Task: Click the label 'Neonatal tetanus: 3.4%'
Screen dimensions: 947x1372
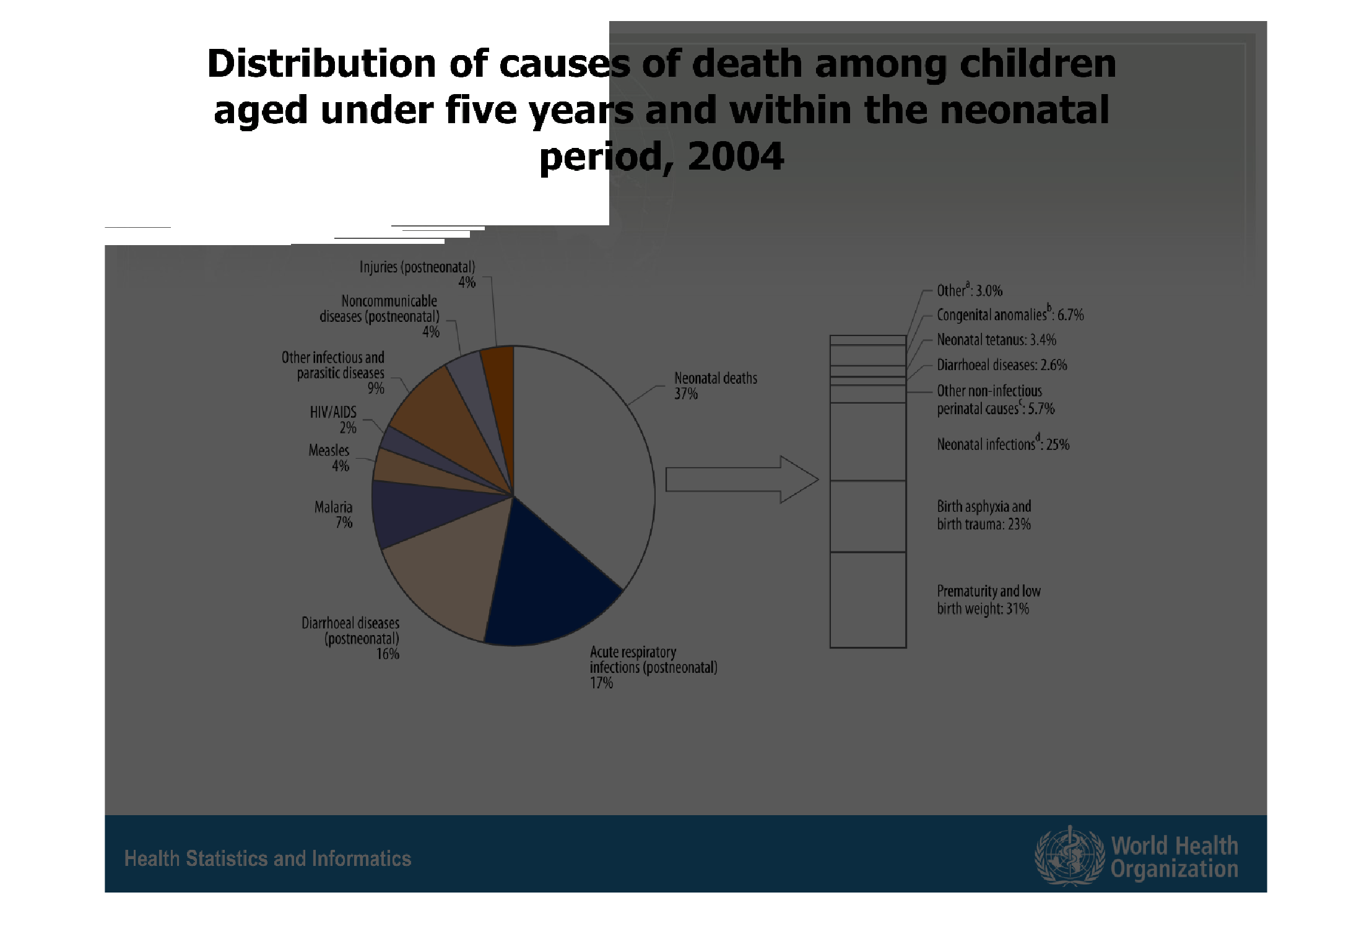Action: tap(996, 340)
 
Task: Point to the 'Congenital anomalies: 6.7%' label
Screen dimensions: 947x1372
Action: tap(1010, 314)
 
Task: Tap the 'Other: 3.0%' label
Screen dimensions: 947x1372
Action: tap(969, 290)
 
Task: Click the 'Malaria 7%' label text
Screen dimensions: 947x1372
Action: tap(334, 515)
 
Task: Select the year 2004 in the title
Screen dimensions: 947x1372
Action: tap(736, 156)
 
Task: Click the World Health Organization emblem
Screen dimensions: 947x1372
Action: tap(1069, 855)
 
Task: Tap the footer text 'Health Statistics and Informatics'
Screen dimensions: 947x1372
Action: tap(267, 858)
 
